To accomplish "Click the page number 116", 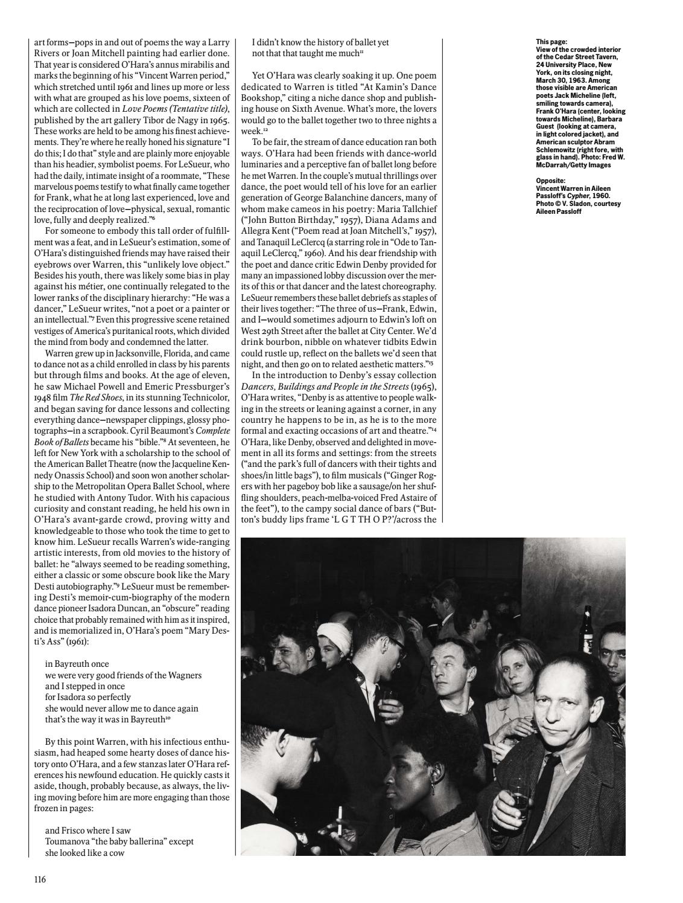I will (x=40, y=879).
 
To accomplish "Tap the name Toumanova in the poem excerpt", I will (x=67, y=841).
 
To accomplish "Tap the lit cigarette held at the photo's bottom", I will (x=340, y=812).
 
